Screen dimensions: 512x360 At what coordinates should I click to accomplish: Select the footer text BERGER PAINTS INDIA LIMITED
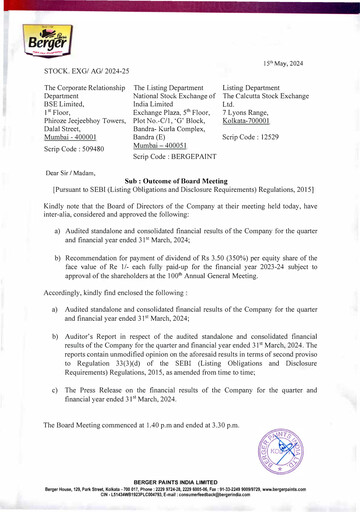point(180,482)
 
